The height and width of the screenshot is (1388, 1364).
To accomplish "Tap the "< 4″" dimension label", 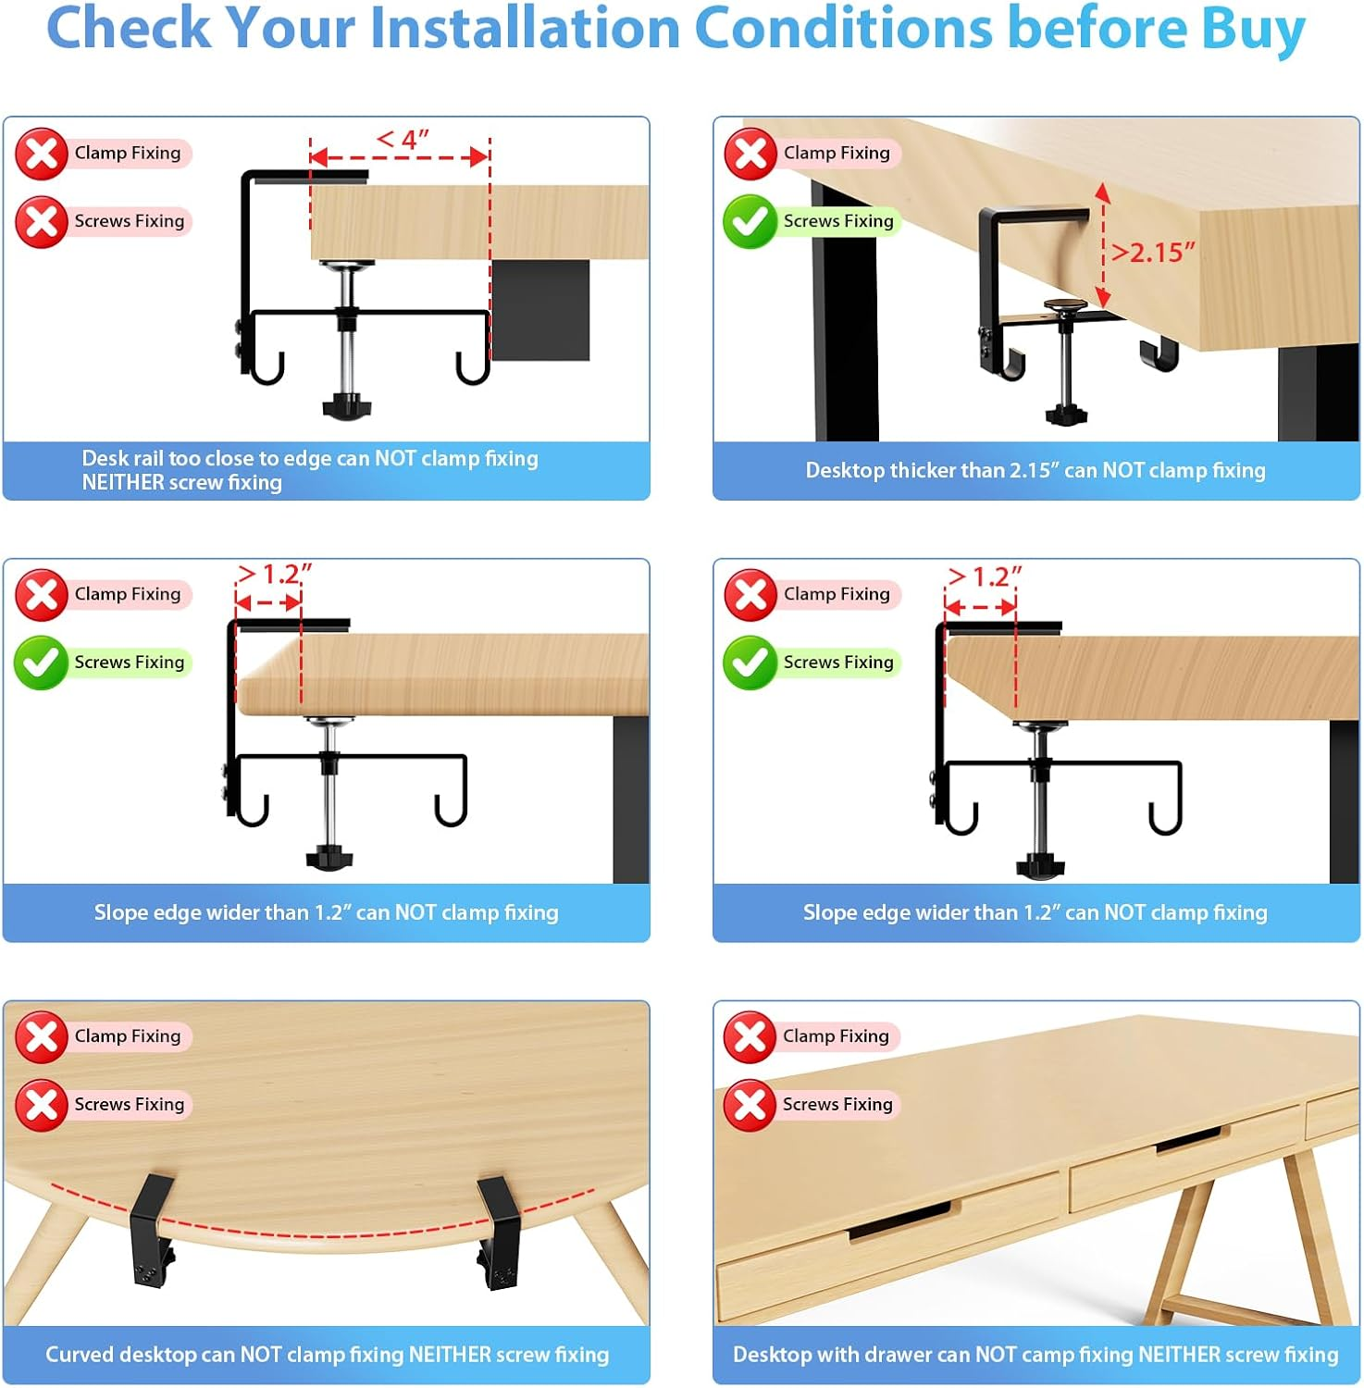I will tap(402, 140).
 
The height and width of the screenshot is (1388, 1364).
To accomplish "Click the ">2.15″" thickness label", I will tap(1152, 252).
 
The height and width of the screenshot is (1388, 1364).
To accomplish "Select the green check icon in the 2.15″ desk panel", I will tap(749, 222).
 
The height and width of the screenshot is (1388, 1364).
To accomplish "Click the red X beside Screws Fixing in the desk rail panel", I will tap(41, 222).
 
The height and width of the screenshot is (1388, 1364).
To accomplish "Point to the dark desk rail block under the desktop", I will tap(540, 309).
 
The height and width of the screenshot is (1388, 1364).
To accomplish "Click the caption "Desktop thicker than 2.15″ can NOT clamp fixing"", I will tap(1035, 470).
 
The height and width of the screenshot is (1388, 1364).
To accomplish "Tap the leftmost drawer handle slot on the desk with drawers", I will tap(899, 1221).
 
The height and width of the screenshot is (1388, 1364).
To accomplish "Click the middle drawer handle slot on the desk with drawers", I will tap(1192, 1139).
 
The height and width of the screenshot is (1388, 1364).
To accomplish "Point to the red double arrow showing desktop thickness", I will tap(1102, 245).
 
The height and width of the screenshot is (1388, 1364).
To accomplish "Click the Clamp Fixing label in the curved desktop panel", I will tap(127, 1036).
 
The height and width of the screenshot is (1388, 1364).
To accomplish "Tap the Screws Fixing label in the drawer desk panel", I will tap(837, 1104).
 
